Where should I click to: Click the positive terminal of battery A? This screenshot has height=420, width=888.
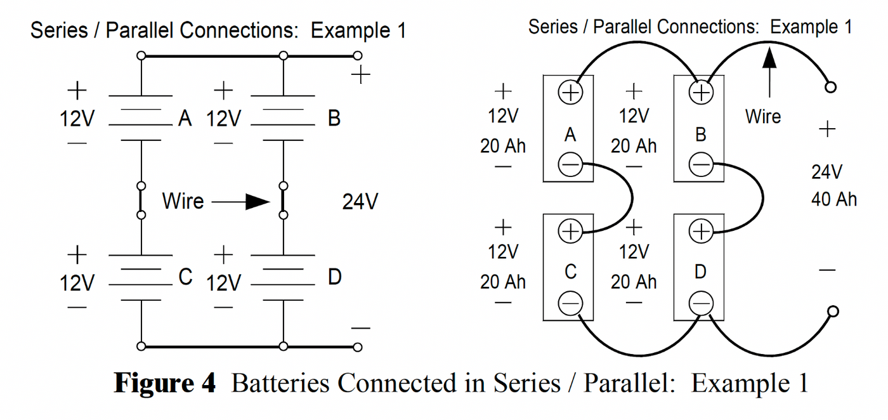point(570,93)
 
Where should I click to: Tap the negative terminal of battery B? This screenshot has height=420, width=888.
point(700,165)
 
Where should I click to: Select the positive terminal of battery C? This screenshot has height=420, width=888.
point(570,232)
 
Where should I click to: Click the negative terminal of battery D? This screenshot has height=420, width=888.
point(700,303)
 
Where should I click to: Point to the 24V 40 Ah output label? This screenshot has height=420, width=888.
point(833,185)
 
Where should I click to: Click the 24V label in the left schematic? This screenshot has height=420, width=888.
point(360,202)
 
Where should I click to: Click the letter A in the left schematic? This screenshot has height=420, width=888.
point(185,119)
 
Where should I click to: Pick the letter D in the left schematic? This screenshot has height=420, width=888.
point(334,277)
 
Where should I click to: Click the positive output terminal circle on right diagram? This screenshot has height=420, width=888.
point(830,87)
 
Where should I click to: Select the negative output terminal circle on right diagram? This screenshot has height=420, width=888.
point(833,311)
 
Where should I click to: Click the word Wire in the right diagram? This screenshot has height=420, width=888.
point(763,117)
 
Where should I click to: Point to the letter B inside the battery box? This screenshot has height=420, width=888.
point(700,135)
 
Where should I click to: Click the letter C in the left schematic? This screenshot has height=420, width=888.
point(185,277)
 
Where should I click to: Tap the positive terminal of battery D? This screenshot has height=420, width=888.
point(700,232)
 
